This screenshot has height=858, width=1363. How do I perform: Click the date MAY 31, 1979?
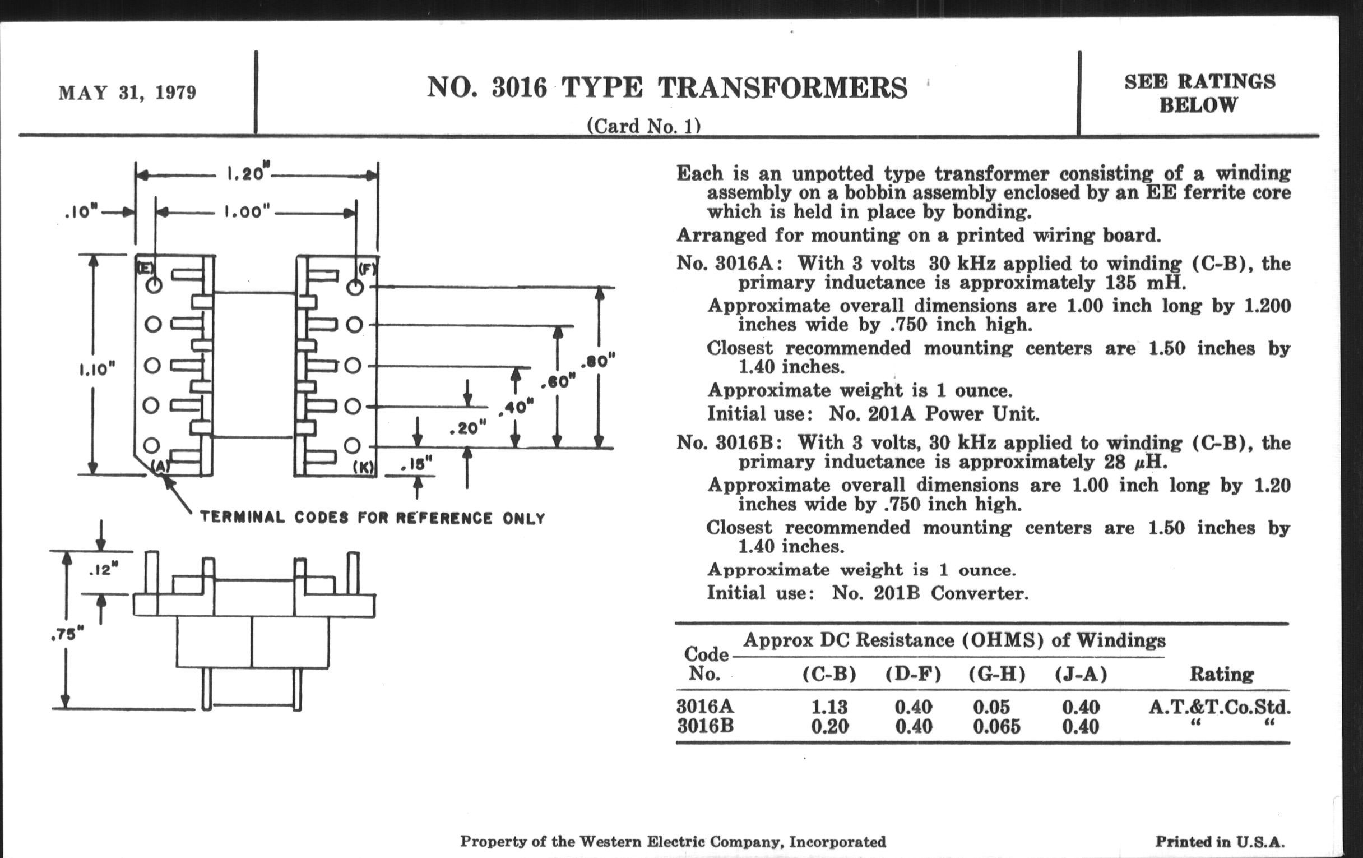(x=127, y=93)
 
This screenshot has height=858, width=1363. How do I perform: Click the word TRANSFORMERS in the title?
(x=782, y=89)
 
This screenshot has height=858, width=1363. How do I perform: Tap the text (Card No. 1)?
(x=643, y=126)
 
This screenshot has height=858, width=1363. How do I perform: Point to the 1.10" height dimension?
(x=97, y=370)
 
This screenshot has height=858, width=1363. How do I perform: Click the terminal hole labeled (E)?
(x=154, y=285)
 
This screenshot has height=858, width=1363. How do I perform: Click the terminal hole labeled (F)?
(x=355, y=287)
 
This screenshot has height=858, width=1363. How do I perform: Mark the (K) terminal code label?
(x=363, y=467)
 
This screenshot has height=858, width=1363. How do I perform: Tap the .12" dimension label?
(x=104, y=570)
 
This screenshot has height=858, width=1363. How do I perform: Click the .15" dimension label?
(x=416, y=464)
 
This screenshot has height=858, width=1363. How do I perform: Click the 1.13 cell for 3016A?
(x=829, y=707)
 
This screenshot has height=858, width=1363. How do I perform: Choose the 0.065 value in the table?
(x=997, y=726)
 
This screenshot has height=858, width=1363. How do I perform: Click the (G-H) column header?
(x=997, y=674)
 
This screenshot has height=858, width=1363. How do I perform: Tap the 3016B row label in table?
(x=705, y=726)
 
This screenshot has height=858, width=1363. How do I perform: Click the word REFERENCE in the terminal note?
(x=444, y=518)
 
